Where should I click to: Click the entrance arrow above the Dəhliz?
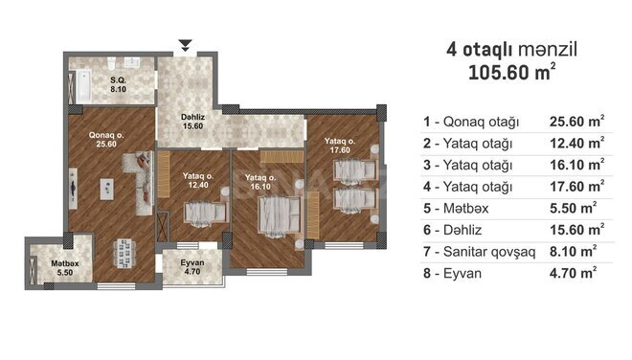tap(185, 45)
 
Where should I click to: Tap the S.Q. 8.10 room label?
tap(119, 84)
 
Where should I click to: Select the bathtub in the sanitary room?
tap(83, 87)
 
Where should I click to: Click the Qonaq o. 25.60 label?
tap(106, 140)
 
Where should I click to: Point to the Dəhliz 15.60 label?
tap(192, 122)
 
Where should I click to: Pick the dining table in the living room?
tap(124, 254)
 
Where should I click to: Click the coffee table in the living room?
tap(107, 189)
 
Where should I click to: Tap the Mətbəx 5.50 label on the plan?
tap(65, 268)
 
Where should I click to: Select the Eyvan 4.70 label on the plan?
tap(192, 267)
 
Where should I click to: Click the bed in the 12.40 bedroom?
tap(206, 213)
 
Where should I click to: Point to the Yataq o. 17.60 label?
tap(340, 146)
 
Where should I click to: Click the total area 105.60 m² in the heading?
tap(512, 72)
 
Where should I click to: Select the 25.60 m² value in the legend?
tap(577, 121)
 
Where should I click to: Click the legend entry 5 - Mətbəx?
tap(456, 208)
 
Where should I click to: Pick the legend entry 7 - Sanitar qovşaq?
tap(479, 252)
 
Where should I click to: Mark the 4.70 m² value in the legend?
tap(574, 273)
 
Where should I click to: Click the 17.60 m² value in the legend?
tap(577, 187)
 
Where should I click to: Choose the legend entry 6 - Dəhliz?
tap(452, 230)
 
